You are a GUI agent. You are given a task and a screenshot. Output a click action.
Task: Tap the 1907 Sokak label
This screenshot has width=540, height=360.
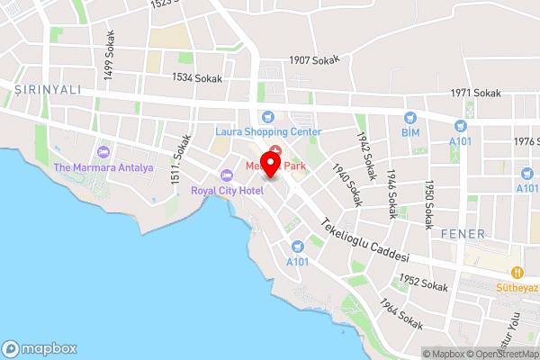314,60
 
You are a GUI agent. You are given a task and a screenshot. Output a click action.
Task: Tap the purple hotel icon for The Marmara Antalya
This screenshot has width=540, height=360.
103,152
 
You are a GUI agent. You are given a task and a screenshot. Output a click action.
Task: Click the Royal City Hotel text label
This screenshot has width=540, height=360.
226,190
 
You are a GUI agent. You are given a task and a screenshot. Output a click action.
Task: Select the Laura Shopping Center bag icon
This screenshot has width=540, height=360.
267,117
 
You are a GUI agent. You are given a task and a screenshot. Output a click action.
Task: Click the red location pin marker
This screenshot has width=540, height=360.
276,169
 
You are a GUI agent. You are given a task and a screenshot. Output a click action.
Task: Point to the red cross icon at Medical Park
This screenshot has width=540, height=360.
275,149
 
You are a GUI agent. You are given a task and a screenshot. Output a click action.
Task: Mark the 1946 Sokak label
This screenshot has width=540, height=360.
392,194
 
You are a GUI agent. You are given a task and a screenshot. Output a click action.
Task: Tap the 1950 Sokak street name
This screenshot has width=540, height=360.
429,203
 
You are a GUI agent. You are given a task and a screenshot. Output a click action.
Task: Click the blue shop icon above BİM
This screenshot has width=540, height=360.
410,117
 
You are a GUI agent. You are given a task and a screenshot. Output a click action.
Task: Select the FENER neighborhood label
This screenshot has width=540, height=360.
463,234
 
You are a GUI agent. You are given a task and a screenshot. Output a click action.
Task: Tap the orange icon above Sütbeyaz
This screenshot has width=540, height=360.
517,272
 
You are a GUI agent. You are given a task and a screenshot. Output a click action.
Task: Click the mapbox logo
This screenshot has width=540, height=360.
40,348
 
